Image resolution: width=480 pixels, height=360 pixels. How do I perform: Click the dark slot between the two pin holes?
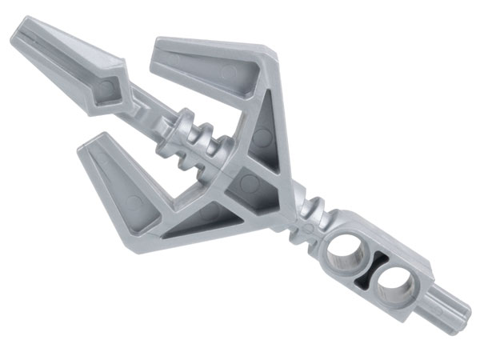point(369,270)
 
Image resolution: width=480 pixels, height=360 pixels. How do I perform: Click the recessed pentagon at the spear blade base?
point(111,90)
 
